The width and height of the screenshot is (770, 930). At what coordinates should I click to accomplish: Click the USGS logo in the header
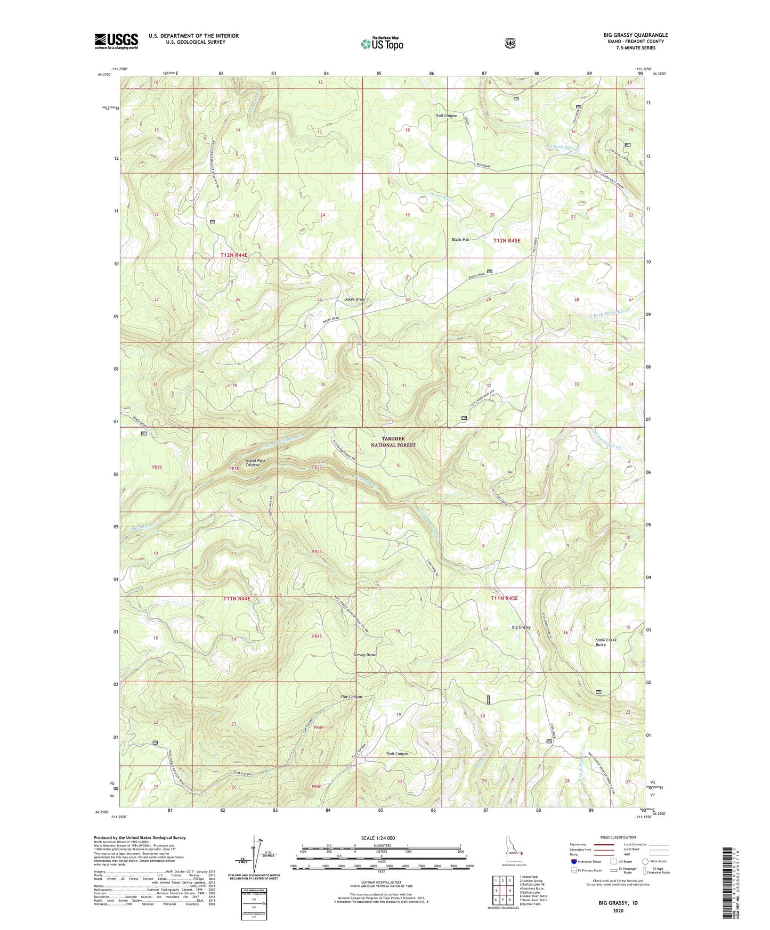(116, 41)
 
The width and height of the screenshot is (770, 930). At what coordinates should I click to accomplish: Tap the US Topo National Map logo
(381, 44)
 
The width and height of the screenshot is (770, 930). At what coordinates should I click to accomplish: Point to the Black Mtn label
(460, 240)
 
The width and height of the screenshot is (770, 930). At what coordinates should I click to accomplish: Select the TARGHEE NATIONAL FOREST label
(394, 442)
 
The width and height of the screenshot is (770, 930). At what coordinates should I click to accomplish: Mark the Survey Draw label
(364, 655)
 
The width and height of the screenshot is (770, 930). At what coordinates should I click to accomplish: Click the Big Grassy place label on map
(521, 627)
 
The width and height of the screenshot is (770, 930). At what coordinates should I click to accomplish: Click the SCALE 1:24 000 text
(378, 838)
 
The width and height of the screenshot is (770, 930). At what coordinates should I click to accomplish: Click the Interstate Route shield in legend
(574, 861)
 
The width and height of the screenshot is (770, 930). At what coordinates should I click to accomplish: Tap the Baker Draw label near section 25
(354, 299)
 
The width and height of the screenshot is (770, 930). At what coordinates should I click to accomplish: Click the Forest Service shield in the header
(510, 43)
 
